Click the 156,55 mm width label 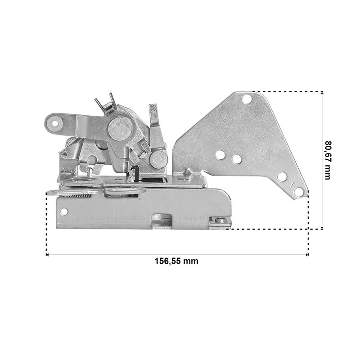pyautogui.click(x=176, y=261)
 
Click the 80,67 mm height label pyautogui.click(x=328, y=160)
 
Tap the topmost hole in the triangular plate pyautogui.click(x=247, y=99)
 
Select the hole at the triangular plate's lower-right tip pyautogui.click(x=298, y=191)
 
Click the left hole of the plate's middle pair pyautogui.click(x=220, y=155)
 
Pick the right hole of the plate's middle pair pyautogui.click(x=237, y=159)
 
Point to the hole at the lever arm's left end pyautogui.click(x=55, y=123)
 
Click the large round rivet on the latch pyautogui.click(x=120, y=129)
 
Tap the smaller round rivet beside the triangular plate pyautogui.click(x=158, y=159)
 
